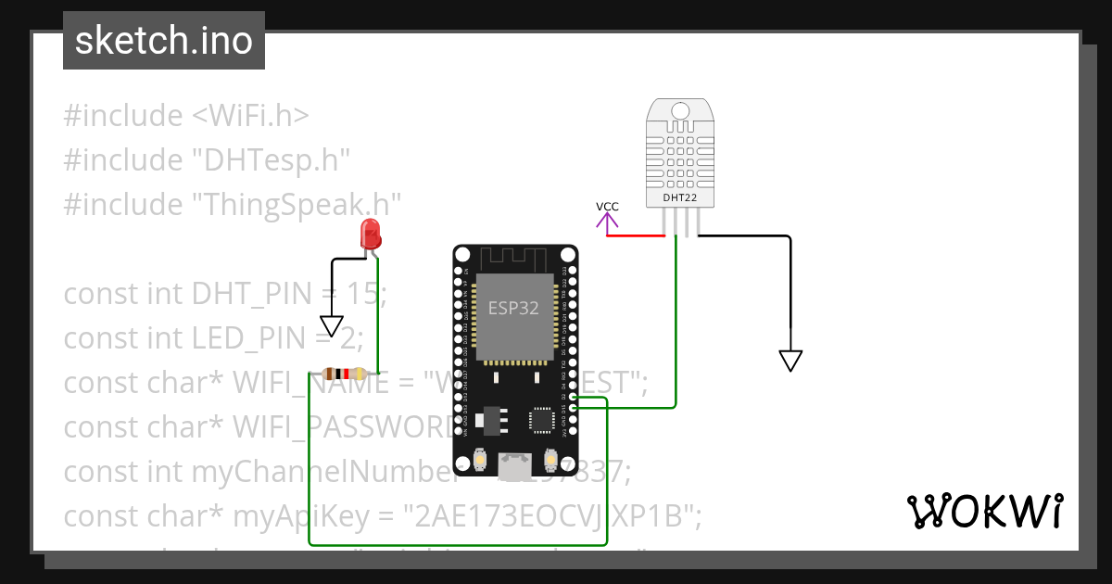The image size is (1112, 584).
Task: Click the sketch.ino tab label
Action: point(164,41)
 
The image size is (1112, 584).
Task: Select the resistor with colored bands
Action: point(344,374)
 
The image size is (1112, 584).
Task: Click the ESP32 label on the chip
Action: point(513,309)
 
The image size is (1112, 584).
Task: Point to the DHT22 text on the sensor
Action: point(680,197)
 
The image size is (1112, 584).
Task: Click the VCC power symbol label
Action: point(607,207)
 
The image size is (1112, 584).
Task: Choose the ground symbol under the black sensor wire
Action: point(790,360)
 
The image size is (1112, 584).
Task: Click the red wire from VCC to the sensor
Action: point(636,235)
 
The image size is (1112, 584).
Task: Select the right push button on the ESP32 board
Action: point(550,459)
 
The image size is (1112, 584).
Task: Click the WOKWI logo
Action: point(983,511)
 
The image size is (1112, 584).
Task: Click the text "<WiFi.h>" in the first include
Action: point(250,116)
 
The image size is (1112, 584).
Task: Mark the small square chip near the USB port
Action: point(540,421)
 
